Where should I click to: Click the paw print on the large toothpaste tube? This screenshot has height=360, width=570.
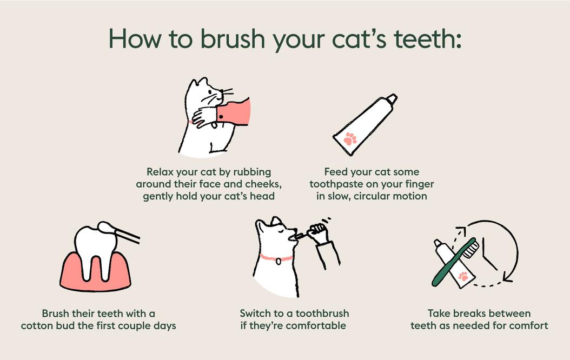pyautogui.click(x=350, y=139)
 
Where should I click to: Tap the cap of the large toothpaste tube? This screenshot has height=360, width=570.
pyautogui.click(x=392, y=99)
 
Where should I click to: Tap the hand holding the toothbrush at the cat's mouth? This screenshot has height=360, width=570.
pyautogui.click(x=318, y=233)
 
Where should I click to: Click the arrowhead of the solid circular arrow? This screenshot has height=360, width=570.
pyautogui.click(x=507, y=277)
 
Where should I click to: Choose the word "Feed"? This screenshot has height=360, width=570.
pyautogui.click(x=336, y=172)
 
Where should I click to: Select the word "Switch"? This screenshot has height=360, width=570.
pyautogui.click(x=256, y=314)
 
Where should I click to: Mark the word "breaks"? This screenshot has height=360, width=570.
pyautogui.click(x=474, y=314)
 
